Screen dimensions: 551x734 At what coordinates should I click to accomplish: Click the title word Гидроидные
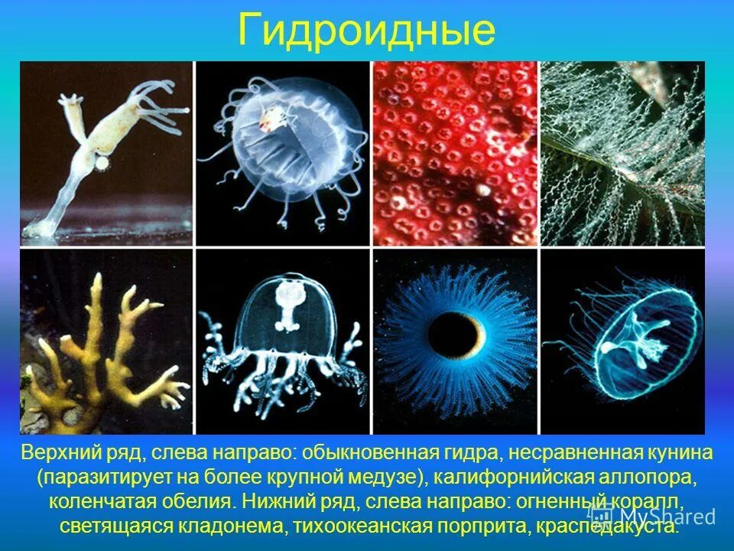click(x=367, y=31)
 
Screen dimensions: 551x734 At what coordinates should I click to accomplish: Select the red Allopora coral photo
click(x=456, y=153)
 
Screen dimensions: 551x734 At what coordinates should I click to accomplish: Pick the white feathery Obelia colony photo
click(x=622, y=153)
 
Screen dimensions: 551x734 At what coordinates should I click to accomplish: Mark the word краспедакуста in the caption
click(x=624, y=527)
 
